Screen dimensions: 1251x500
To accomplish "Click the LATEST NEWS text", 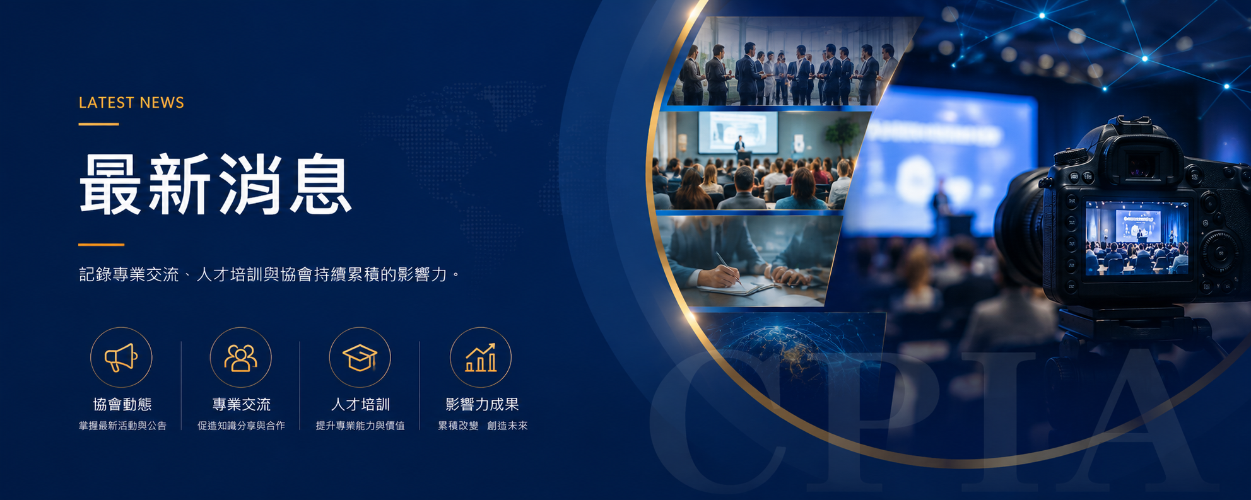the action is pos(131,103).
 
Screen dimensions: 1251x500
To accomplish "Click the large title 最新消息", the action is pos(215,184).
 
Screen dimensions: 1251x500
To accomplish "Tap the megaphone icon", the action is pos(121,358).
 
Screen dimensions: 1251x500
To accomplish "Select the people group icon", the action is pos(241,358).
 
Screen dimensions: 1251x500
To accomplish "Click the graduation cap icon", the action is pos(360,358).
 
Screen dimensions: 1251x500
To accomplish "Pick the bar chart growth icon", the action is pos(481,358).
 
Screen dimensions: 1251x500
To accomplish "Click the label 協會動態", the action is pos(122,404).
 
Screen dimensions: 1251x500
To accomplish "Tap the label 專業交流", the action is pos(242,404).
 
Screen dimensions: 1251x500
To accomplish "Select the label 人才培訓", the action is pos(361,404).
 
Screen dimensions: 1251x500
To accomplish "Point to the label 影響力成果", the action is pos(482,404).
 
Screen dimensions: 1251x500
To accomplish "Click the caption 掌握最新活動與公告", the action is pos(122,426).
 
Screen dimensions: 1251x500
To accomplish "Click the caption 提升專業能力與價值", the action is pos(360,426).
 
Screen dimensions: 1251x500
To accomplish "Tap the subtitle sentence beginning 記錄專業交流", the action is pos(269,274).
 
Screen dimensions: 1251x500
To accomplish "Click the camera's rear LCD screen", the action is pos(1136,238).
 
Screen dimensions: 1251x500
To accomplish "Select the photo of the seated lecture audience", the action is pos(757,161).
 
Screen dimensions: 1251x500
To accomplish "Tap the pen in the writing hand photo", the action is pos(728,268).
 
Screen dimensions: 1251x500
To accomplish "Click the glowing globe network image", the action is pos(789,347).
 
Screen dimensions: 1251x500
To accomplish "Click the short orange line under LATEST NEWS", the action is pos(98,124).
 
